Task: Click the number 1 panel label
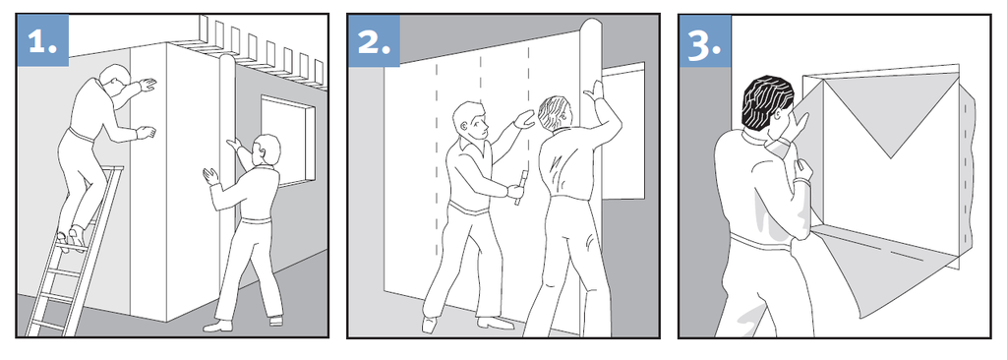(42, 40)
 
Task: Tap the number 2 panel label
(374, 40)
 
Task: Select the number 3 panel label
(705, 40)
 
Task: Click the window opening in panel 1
(288, 140)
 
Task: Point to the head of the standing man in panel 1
(267, 150)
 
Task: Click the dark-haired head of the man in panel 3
(768, 103)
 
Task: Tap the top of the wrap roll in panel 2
(593, 29)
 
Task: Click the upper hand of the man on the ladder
(148, 85)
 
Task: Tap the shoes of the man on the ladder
(71, 239)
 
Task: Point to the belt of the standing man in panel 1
(257, 220)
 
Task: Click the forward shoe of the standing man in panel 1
(217, 326)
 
